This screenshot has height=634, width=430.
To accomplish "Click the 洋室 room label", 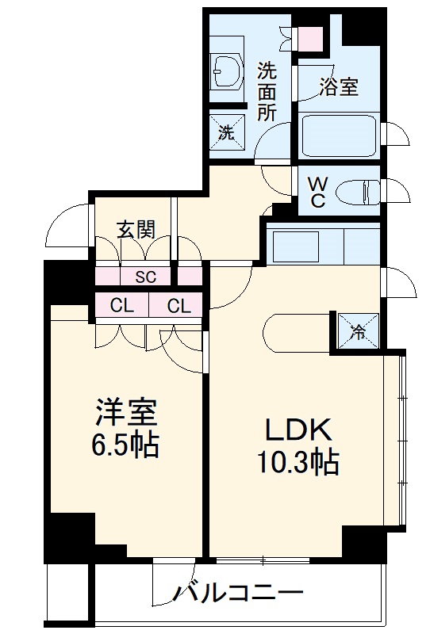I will (126, 414).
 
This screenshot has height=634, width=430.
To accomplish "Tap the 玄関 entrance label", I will (136, 229).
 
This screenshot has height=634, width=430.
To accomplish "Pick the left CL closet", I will (121, 305).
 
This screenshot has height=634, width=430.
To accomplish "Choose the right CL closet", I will (179, 305).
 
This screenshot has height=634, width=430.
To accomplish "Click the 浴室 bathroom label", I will (340, 87).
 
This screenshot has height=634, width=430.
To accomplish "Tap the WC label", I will (317, 191).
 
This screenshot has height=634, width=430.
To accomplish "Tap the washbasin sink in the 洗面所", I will (230, 73).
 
